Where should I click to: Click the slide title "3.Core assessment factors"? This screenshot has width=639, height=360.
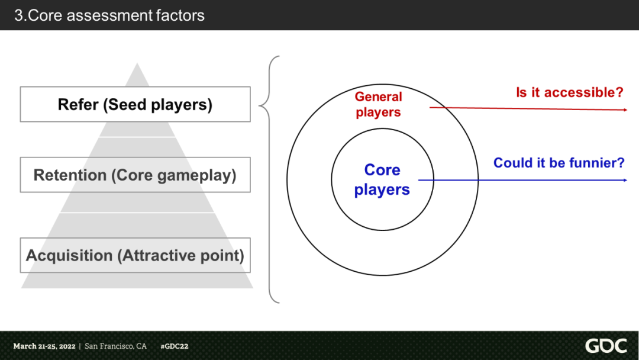tap(109, 15)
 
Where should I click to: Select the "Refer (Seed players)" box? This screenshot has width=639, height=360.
tap(135, 105)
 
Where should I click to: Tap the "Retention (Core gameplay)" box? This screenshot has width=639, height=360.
tap(135, 175)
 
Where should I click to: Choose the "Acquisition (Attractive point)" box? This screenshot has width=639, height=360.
tap(135, 256)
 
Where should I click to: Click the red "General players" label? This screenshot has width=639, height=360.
tap(378, 104)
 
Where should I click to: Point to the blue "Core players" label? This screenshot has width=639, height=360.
tap(382, 179)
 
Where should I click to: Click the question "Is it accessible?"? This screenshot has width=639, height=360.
tap(570, 92)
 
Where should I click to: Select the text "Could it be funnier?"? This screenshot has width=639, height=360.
tap(559, 162)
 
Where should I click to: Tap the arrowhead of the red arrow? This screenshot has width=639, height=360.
tap(624, 110)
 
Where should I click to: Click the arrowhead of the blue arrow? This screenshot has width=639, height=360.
tap(624, 180)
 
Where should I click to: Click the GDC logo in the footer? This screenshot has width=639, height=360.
tap(605, 346)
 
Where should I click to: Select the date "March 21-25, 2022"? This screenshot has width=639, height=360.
tap(44, 346)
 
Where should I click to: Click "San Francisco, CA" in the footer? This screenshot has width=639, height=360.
tap(115, 346)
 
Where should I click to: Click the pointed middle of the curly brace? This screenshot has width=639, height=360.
tap(261, 106)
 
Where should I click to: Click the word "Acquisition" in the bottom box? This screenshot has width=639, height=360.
tap(69, 256)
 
